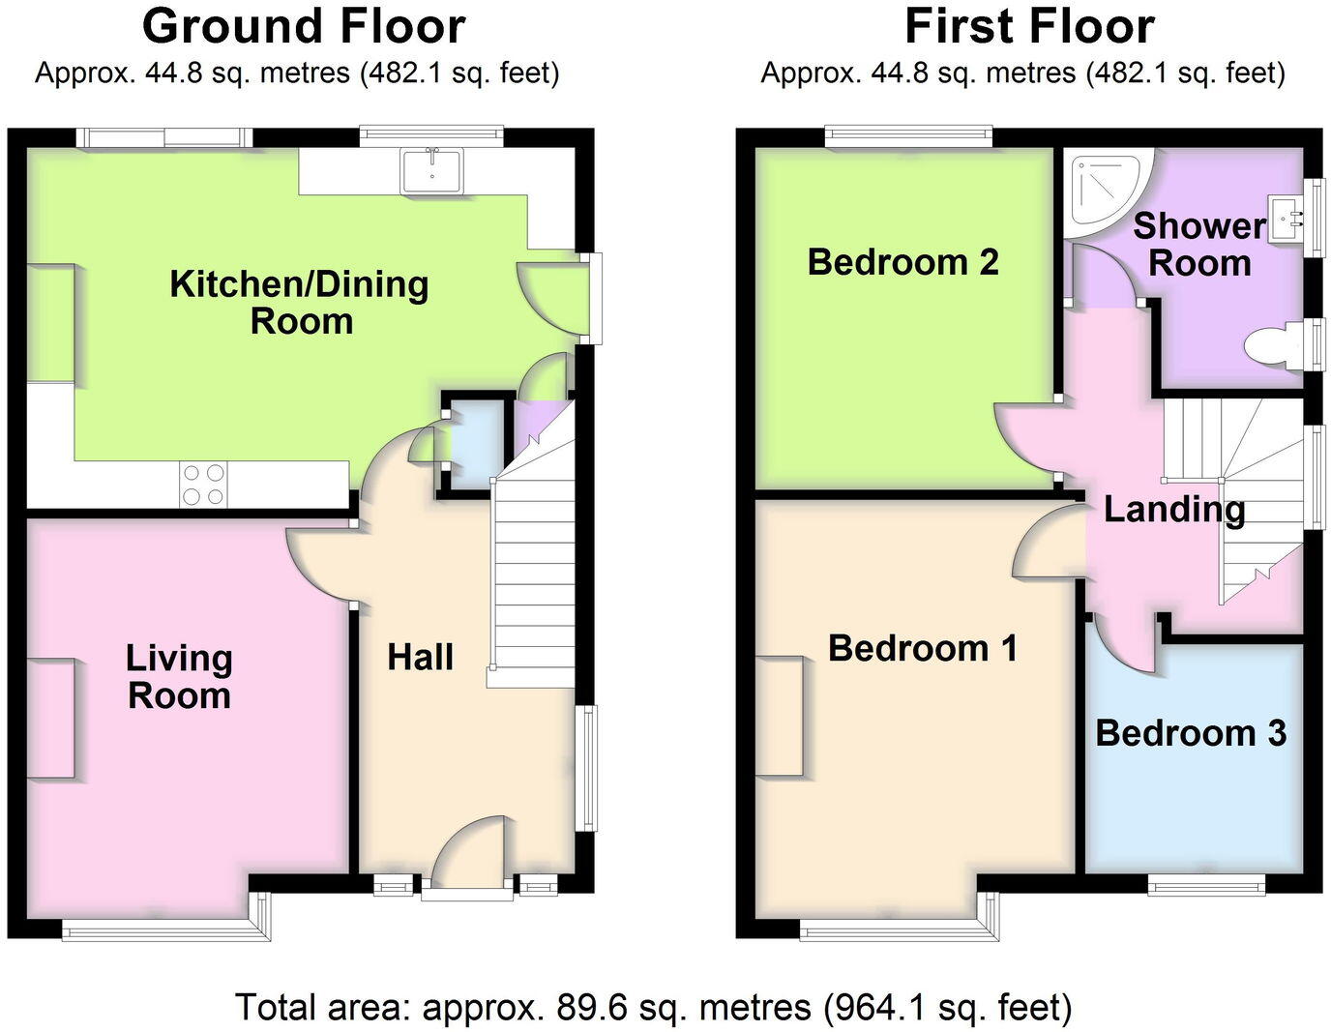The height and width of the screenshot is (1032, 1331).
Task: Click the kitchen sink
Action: click(432, 170)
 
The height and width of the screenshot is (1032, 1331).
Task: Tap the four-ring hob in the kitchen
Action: click(203, 485)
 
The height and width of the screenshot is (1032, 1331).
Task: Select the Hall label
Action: click(420, 658)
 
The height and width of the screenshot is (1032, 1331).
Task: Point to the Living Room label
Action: click(179, 677)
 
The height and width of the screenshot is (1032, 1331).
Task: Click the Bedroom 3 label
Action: click(1190, 733)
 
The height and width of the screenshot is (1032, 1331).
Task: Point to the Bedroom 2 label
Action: click(902, 262)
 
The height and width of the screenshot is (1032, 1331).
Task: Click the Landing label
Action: click(1173, 509)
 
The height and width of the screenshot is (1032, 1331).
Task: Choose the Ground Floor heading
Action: click(304, 26)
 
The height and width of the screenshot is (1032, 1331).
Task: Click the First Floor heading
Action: click(1029, 26)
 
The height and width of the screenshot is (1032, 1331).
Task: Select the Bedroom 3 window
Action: click(1206, 883)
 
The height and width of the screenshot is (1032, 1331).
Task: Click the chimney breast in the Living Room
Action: click(50, 718)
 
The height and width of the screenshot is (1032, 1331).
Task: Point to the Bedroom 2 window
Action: click(908, 137)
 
